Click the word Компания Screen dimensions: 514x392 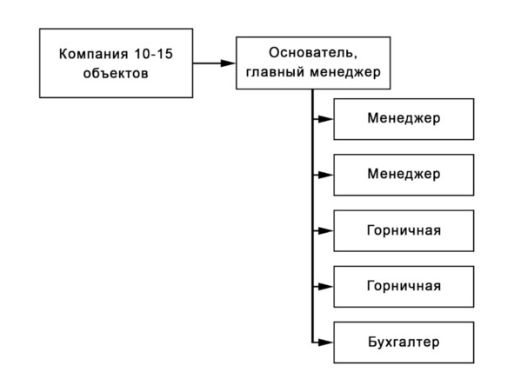93,54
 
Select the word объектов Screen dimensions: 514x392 116,73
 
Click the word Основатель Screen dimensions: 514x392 311,52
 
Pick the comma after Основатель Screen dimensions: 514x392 356,57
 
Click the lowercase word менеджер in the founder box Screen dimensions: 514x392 345,72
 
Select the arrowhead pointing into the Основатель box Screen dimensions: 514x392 228,63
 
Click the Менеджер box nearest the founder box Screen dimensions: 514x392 404,119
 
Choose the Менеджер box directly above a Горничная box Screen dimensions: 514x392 404,175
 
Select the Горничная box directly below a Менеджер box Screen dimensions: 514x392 404,231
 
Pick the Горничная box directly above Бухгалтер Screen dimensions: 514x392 404,287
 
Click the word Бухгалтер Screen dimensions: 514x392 404,342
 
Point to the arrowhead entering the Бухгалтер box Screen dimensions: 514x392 326,342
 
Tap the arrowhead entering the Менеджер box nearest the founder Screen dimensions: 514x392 326,119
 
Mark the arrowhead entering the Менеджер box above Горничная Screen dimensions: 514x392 326,176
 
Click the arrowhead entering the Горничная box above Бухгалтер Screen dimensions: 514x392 326,287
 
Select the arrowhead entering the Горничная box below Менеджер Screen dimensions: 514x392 326,231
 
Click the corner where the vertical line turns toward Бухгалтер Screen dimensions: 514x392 313,342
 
